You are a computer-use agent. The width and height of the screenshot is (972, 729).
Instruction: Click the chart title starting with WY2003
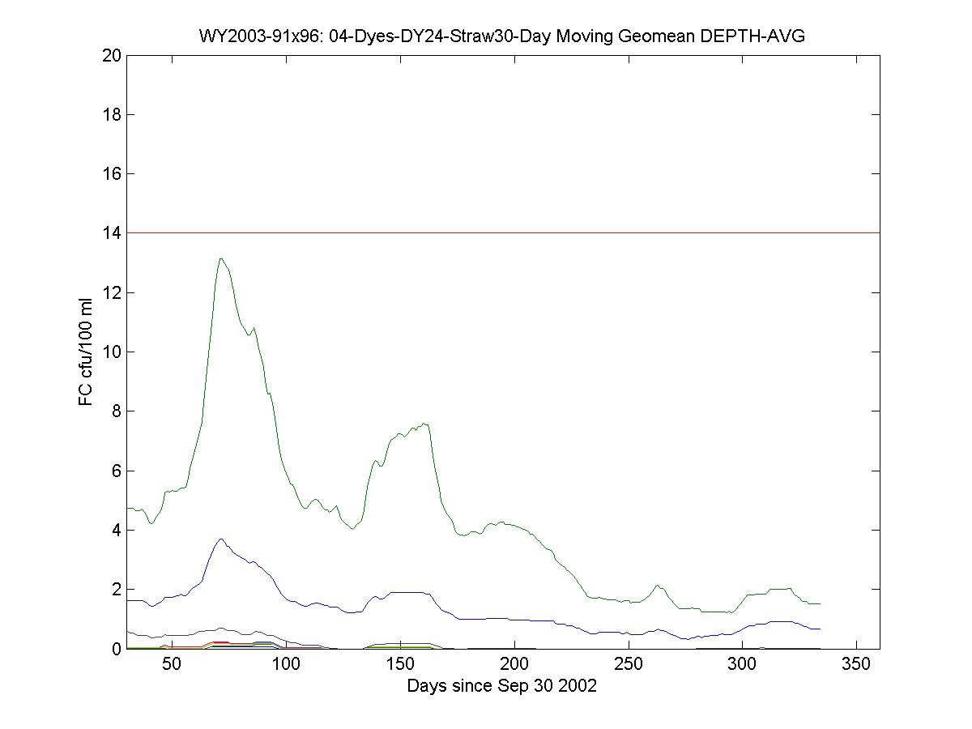(x=501, y=36)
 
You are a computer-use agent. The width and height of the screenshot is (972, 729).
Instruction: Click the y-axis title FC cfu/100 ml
(x=86, y=352)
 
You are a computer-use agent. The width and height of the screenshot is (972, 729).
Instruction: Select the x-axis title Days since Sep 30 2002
(x=501, y=686)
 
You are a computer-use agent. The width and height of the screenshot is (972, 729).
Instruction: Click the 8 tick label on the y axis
(x=114, y=411)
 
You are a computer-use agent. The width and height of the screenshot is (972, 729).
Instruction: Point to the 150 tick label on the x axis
(x=400, y=665)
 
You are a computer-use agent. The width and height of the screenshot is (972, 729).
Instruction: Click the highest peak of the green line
(x=220, y=258)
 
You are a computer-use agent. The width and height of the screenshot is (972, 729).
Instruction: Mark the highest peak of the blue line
(x=220, y=539)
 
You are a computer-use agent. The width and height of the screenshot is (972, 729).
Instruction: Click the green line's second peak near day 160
(x=425, y=423)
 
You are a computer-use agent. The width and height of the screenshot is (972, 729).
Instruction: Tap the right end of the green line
(x=820, y=603)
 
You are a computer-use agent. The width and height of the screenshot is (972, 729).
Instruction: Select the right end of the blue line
(x=820, y=629)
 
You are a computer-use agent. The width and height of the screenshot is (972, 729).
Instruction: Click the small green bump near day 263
(x=658, y=585)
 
